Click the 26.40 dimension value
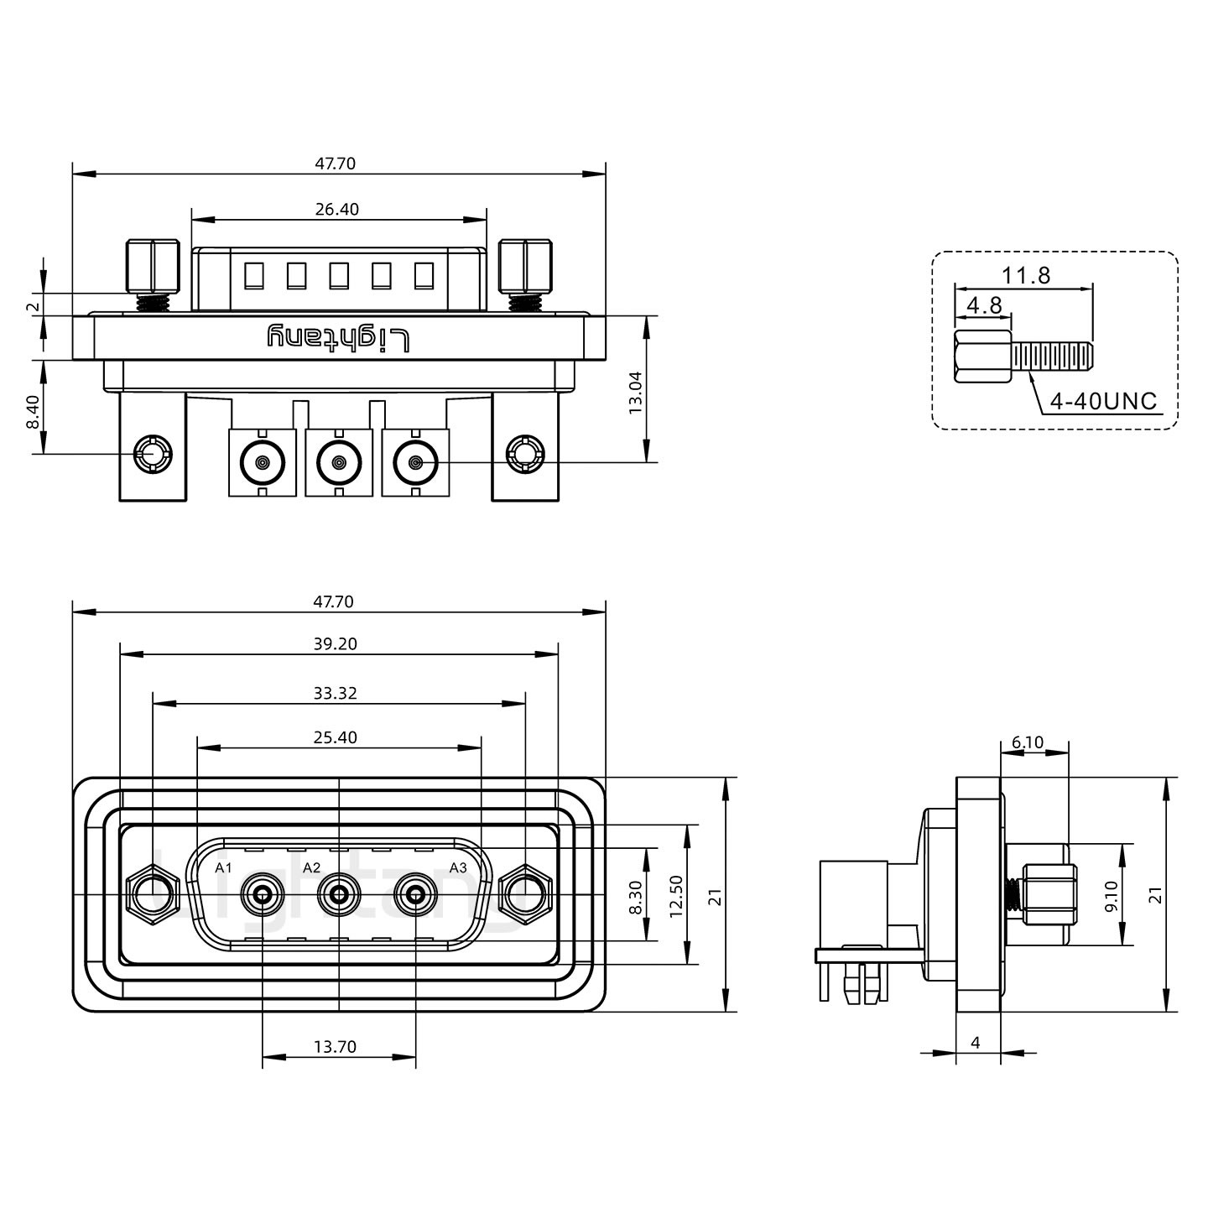click(337, 209)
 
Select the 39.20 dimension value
click(335, 643)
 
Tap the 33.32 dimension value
click(335, 693)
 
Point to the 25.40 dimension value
click(335, 737)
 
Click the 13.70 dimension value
click(335, 1046)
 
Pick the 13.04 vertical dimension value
click(635, 392)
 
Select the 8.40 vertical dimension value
click(33, 412)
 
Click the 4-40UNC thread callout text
click(1103, 402)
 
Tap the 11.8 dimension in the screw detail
click(1025, 275)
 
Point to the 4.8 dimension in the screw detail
click(984, 305)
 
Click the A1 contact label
click(223, 867)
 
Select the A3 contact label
click(457, 867)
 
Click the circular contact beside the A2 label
click(339, 896)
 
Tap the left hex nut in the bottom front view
click(153, 894)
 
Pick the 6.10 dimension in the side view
click(1028, 742)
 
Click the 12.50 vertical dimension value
click(676, 895)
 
